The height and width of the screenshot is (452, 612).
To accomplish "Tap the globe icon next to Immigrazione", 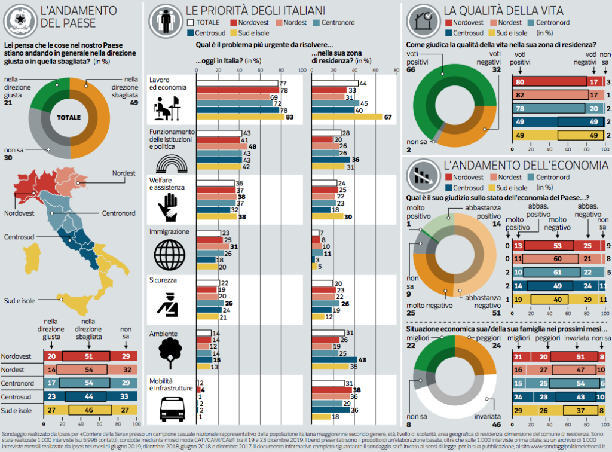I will tap(169, 255).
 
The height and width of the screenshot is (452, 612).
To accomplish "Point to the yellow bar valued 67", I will tap(347, 117).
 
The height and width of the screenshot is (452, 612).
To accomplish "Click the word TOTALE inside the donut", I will tap(69, 118).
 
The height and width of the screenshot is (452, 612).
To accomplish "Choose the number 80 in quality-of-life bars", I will tap(520, 82).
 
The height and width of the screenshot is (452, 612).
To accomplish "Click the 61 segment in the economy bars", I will tap(556, 273).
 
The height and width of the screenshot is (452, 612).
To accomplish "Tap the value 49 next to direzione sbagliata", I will tap(134, 103).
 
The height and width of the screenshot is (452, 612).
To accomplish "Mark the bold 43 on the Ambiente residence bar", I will tap(362, 360).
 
